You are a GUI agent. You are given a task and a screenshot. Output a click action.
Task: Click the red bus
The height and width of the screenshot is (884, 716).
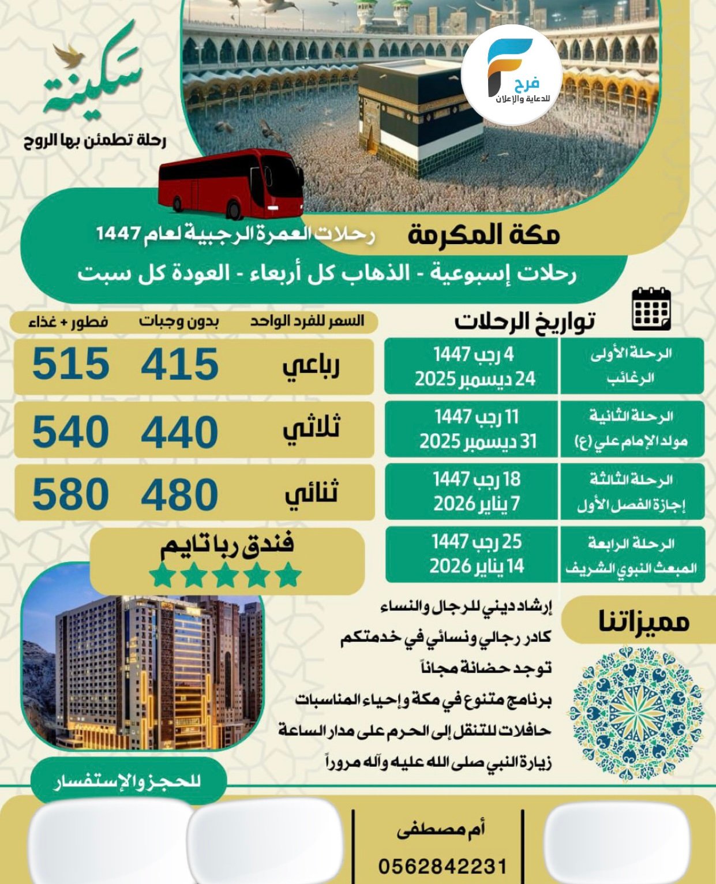231,183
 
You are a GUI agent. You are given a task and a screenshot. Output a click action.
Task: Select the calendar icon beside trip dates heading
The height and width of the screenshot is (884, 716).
651,309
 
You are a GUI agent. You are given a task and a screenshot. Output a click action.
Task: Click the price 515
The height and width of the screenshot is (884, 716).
70,364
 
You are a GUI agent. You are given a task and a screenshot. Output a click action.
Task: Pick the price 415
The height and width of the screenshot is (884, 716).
179,364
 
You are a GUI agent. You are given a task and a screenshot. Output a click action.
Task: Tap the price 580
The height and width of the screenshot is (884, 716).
70,495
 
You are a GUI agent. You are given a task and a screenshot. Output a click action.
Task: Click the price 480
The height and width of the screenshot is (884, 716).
179,495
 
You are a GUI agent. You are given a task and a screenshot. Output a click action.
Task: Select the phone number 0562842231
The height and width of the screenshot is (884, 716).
443,866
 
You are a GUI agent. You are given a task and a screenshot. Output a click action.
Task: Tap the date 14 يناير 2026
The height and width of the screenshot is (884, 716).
476,566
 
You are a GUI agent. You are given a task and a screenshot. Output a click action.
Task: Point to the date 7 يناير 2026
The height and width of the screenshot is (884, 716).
476,504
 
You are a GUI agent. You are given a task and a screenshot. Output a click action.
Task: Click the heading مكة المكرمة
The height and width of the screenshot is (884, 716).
483,235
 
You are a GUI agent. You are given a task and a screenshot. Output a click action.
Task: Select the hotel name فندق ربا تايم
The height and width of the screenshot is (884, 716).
227,545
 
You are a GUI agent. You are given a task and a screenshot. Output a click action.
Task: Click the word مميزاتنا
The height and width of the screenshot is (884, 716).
643,622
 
